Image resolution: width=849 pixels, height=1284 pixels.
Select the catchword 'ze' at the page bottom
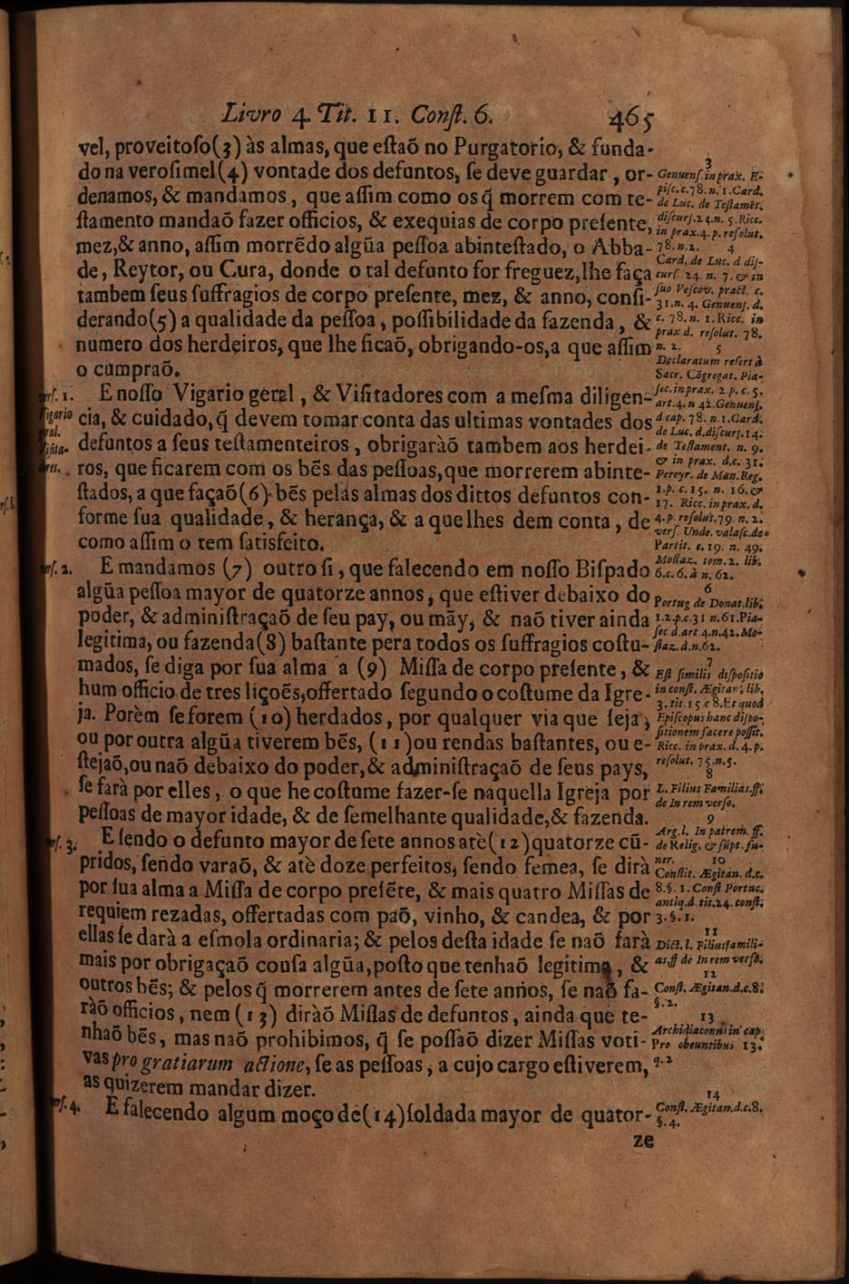[643, 1142]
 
